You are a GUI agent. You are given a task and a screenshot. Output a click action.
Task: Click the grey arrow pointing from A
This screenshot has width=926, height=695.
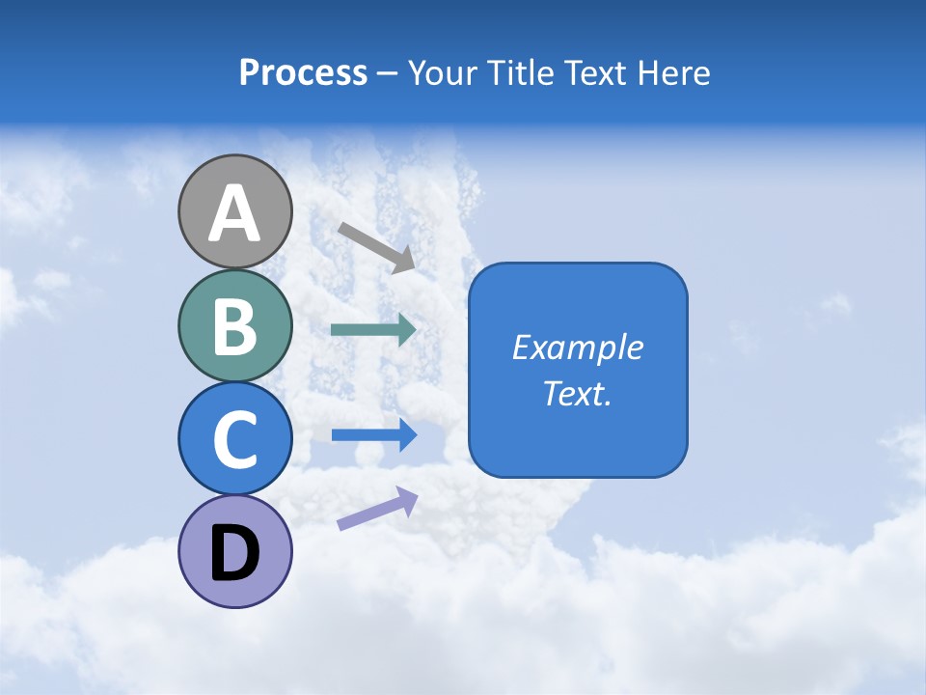click(376, 246)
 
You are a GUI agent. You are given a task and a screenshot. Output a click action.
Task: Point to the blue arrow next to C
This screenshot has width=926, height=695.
click(373, 435)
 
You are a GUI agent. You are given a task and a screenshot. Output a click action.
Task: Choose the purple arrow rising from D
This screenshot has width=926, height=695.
click(377, 509)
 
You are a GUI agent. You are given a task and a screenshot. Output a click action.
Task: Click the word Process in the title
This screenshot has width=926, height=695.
click(303, 73)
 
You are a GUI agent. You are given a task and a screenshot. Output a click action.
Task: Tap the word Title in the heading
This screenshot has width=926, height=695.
click(522, 73)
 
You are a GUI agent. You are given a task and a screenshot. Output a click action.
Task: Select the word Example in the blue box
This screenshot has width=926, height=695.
click(577, 347)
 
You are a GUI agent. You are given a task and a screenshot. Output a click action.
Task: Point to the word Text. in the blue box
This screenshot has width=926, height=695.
click(577, 394)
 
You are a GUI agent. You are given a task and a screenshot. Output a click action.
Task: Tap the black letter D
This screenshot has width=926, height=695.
click(234, 552)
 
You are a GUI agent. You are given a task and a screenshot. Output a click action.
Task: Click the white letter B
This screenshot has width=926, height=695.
click(234, 326)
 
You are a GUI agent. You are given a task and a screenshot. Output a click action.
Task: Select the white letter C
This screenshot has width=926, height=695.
click(234, 439)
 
